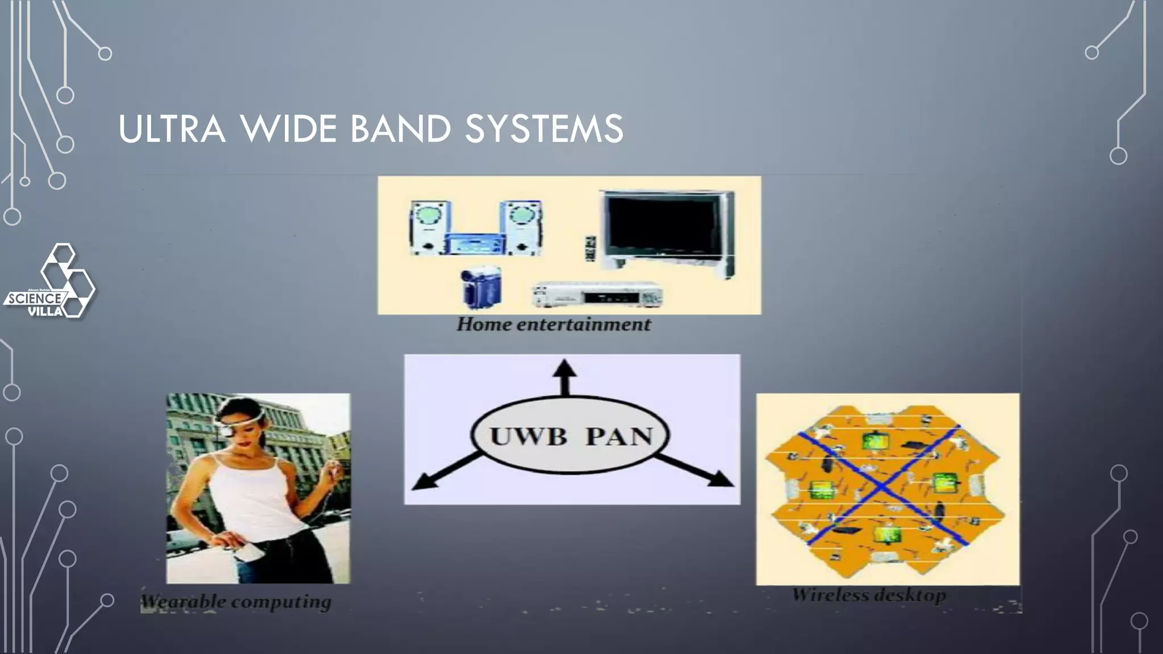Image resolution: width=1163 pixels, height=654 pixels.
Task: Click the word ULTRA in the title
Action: (x=171, y=129)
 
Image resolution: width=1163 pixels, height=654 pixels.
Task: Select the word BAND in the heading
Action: (x=400, y=129)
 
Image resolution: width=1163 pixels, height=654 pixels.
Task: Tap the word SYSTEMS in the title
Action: (x=543, y=129)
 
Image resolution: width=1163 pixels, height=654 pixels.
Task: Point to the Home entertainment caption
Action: (x=554, y=325)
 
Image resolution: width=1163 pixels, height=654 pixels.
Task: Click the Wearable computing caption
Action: (x=236, y=601)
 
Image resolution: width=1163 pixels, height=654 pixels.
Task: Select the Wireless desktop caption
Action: (x=869, y=595)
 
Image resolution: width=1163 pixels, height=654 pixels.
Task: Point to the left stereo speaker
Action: (x=431, y=228)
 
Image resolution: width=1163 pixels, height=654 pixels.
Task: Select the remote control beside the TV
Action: (x=591, y=249)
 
